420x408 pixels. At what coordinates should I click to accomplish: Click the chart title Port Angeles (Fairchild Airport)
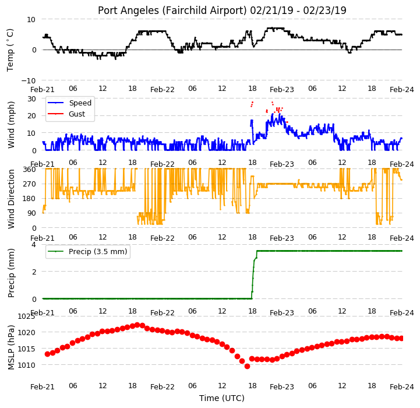(x=172, y=10)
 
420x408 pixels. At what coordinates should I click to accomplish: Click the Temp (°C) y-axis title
(x=10, y=50)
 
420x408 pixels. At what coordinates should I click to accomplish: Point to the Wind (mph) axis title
(x=11, y=125)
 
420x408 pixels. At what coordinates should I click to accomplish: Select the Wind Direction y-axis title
(x=11, y=199)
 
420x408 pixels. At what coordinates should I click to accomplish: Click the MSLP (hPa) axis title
(x=11, y=347)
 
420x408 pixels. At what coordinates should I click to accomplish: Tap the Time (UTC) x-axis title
(x=222, y=398)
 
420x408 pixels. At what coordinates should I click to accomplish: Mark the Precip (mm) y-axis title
(x=11, y=273)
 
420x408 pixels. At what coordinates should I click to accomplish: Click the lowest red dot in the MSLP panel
(x=247, y=366)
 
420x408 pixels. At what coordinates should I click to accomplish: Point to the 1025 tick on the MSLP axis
(x=26, y=316)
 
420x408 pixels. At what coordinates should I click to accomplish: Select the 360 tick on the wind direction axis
(x=30, y=170)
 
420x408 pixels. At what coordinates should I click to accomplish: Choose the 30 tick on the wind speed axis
(x=31, y=99)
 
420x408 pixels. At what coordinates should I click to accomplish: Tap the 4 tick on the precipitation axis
(x=34, y=244)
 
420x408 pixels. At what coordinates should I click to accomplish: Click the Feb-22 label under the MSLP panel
(x=163, y=387)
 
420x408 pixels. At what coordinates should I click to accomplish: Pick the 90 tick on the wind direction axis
(x=31, y=213)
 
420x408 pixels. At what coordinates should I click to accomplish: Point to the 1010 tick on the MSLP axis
(x=26, y=365)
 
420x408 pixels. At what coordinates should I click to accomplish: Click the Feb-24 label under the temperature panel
(x=402, y=90)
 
